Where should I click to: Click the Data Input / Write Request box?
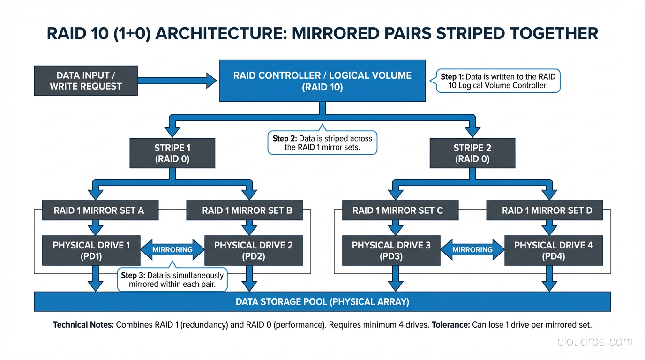coord(86,81)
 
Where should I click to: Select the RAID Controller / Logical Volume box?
coord(322,81)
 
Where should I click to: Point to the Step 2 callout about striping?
coord(322,143)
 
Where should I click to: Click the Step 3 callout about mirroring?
coord(172,279)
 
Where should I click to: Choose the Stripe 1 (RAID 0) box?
coord(172,153)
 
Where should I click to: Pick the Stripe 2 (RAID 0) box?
coord(472,153)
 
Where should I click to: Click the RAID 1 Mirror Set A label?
coord(100,210)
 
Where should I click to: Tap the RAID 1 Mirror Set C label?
coord(397,210)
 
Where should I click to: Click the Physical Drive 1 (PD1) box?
coord(91,250)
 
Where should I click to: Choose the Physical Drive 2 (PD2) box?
coord(254,250)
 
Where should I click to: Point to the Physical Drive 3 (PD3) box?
coord(391,250)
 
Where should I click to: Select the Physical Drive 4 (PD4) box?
coord(553,250)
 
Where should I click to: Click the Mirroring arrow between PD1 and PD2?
coord(172,250)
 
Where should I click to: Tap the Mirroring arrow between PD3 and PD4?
coord(472,250)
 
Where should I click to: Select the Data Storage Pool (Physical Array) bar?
coord(322,301)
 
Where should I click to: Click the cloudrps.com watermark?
coord(594,342)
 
